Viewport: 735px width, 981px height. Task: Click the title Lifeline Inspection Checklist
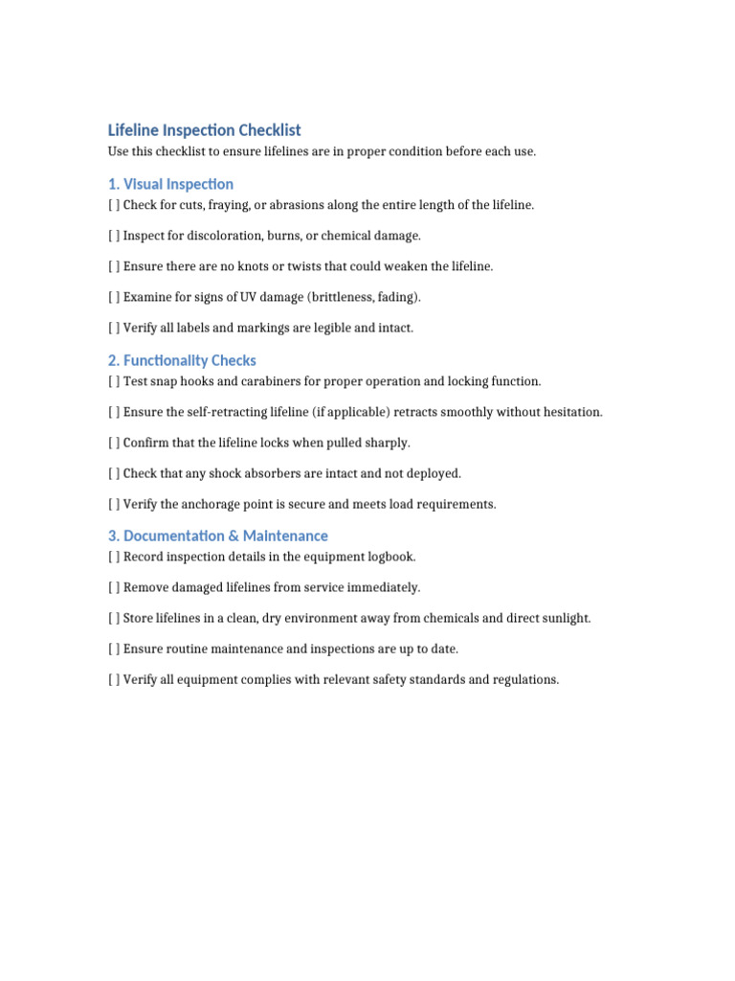204,130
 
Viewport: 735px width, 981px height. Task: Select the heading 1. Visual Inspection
170,184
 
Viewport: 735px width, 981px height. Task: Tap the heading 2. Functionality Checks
182,361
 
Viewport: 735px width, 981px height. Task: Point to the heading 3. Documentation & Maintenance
217,536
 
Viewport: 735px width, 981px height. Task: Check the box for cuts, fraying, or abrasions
114,205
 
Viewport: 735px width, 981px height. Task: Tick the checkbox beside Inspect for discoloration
114,236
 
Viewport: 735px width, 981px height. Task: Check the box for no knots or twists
114,266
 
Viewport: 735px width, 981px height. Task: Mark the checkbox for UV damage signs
114,297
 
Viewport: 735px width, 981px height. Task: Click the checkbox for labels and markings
114,328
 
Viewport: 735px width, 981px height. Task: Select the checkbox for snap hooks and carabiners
114,381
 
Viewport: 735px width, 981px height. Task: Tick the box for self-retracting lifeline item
114,412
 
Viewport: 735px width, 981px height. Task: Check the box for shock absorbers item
114,473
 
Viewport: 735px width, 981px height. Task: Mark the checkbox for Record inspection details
114,557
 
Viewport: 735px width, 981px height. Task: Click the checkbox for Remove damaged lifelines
114,587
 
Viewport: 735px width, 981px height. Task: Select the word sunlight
564,618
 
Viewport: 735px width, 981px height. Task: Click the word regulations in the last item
523,679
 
